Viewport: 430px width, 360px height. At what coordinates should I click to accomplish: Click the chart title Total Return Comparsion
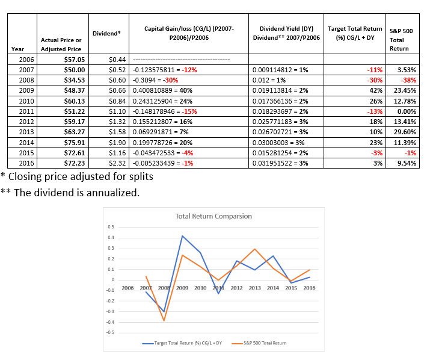pos(213,216)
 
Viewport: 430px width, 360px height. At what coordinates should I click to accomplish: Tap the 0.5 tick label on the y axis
pos(111,227)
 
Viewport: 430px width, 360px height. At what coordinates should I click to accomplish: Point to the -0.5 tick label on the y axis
pos(110,332)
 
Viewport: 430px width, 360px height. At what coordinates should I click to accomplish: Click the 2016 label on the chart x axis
pos(310,288)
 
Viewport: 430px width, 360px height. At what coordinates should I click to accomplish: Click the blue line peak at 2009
pos(182,236)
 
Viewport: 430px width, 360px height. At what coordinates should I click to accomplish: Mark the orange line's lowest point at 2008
pos(164,320)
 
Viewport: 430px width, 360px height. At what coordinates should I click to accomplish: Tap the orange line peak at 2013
pos(255,249)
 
